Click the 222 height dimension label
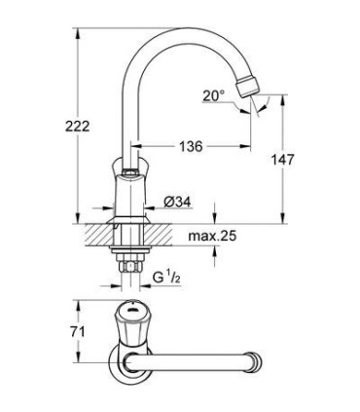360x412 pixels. [x=51, y=127]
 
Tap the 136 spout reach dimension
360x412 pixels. [x=190, y=146]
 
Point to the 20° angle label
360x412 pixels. [x=215, y=94]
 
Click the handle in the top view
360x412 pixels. [x=130, y=321]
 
